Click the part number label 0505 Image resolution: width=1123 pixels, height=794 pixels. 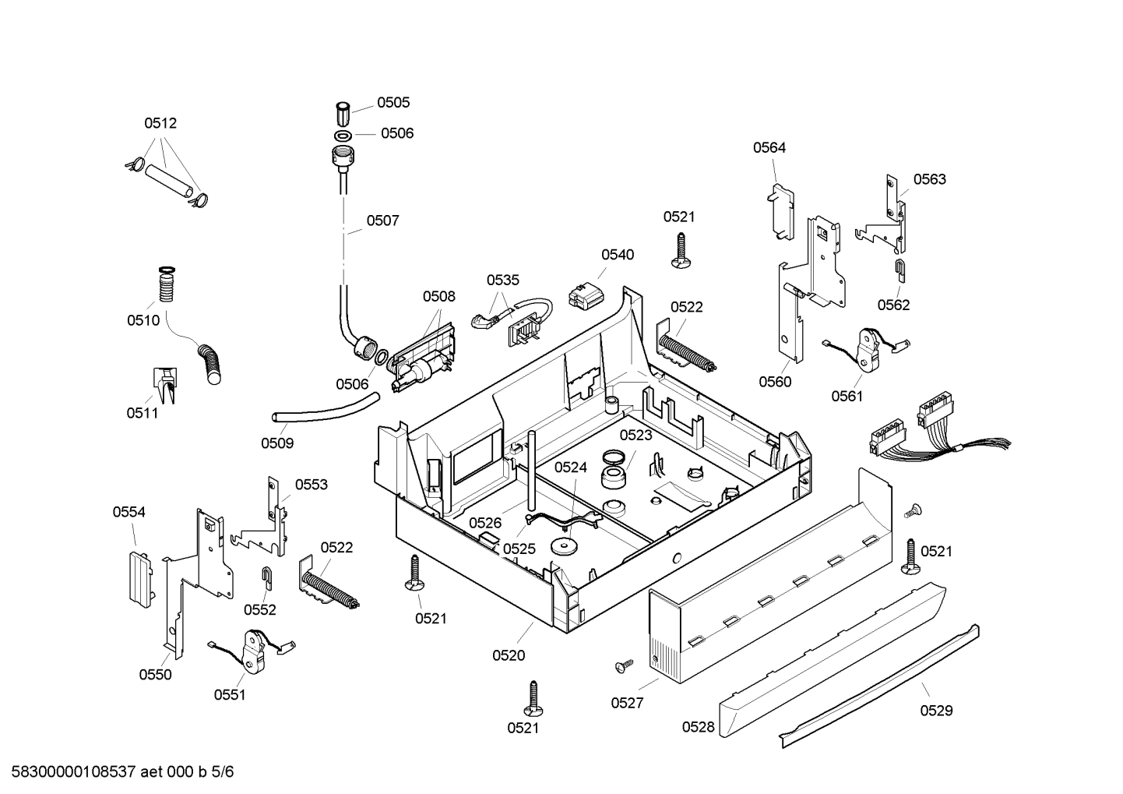pyautogui.click(x=393, y=102)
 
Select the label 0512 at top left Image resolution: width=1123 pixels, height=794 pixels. pyautogui.click(x=160, y=123)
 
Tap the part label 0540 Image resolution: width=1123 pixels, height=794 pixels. pyautogui.click(x=617, y=255)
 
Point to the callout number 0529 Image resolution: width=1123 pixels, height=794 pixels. pyautogui.click(x=936, y=711)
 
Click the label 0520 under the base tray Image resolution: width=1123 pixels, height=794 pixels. pyautogui.click(x=508, y=655)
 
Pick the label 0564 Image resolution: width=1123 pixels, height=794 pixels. pyautogui.click(x=769, y=147)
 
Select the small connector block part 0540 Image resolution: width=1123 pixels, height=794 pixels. pyautogui.click(x=586, y=295)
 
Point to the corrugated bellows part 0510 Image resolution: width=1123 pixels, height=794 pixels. pyautogui.click(x=167, y=284)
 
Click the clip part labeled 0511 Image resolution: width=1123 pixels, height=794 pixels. pyautogui.click(x=165, y=384)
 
